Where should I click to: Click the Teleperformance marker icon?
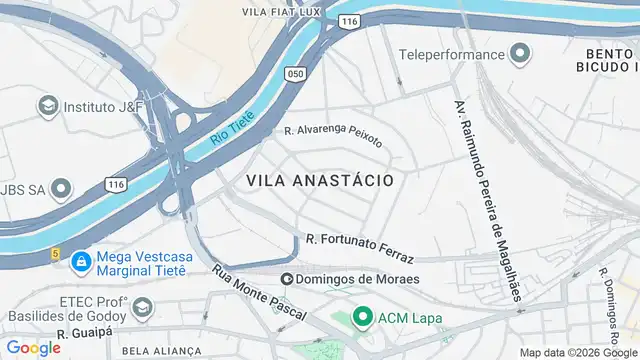click(520, 54)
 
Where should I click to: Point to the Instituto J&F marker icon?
click(47, 105)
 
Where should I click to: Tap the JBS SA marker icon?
click(62, 188)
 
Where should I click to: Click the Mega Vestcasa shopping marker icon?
click(80, 262)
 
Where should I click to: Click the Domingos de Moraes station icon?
click(287, 279)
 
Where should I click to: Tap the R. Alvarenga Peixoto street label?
click(333, 135)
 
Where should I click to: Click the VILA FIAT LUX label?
click(280, 12)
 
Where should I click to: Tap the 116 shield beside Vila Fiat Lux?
click(348, 20)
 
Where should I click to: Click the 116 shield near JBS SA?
click(116, 185)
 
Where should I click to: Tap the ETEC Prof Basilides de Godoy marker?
click(142, 306)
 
